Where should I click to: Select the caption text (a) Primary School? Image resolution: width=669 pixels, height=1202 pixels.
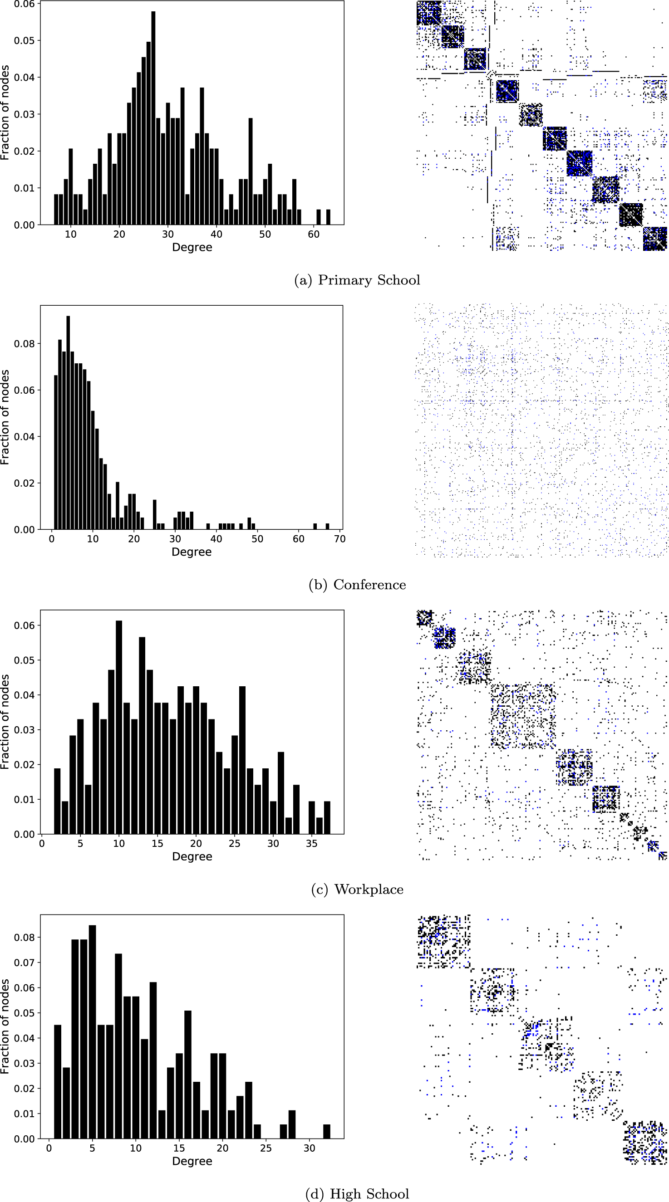point(357,280)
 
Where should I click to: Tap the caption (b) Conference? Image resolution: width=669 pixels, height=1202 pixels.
point(357,585)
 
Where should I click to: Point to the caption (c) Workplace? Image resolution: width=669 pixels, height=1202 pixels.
point(357,889)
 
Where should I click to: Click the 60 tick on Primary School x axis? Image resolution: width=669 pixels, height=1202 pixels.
point(314,234)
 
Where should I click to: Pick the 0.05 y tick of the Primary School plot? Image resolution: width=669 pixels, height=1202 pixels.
point(24,40)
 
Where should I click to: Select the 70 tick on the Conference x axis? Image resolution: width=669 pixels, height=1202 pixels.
point(340,539)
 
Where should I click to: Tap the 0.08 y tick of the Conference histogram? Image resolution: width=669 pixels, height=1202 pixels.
point(24,344)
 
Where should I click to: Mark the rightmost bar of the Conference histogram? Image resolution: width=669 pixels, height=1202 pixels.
point(327,527)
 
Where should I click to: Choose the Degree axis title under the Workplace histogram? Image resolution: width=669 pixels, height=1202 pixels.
point(192,857)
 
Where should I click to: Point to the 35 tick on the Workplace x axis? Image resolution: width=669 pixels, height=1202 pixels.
point(311,844)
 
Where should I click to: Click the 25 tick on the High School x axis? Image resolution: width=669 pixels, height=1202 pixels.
point(266,1148)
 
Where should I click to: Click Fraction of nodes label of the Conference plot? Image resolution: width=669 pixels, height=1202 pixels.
point(5,418)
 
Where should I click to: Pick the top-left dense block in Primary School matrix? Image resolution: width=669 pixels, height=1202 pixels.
point(428,13)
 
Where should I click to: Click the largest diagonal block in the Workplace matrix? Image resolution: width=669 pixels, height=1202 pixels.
point(522,716)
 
